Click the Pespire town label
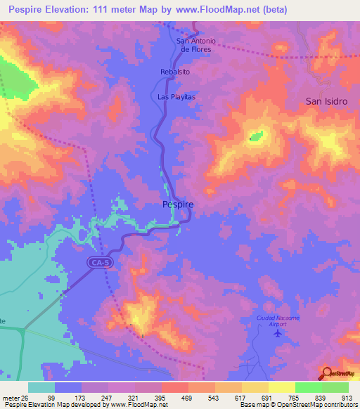tap(178, 204)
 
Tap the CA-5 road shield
tap(100, 263)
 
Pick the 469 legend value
tap(174, 398)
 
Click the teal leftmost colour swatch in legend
tap(41, 387)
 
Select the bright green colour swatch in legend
tap(308, 387)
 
